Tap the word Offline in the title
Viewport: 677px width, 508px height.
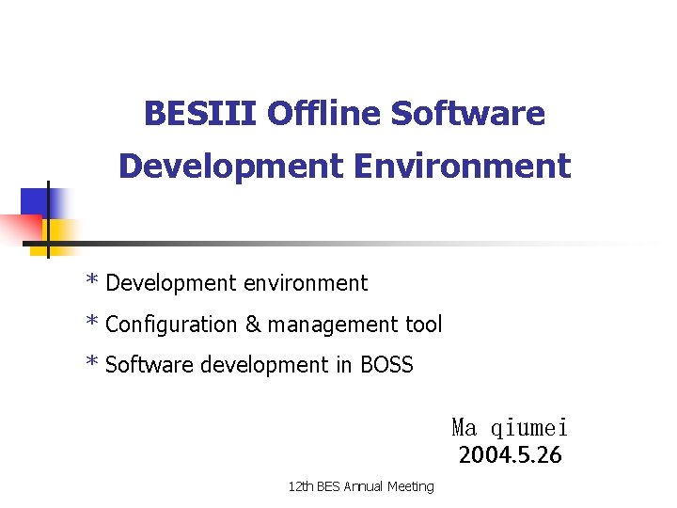click(323, 114)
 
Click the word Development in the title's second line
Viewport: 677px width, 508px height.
click(231, 167)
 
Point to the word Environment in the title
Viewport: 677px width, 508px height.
click(462, 167)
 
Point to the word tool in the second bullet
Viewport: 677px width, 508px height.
click(422, 325)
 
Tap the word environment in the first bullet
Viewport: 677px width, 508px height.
click(305, 283)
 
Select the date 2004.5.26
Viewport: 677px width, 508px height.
click(510, 456)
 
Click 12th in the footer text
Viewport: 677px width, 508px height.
click(301, 486)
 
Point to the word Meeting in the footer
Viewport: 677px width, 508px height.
click(410, 486)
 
